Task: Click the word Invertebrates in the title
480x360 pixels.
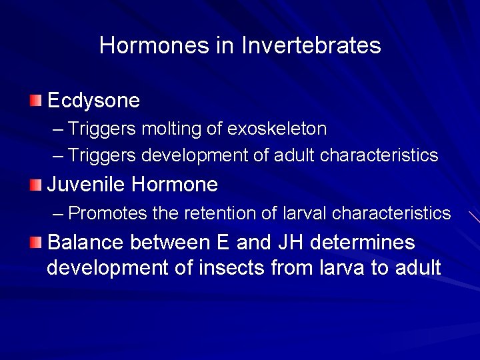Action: (311, 45)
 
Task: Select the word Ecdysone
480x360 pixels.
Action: (94, 101)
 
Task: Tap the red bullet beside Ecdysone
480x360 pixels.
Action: (35, 101)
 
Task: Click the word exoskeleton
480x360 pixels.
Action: (277, 128)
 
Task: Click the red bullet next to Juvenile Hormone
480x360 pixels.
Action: (35, 183)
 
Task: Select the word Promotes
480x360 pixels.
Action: (107, 213)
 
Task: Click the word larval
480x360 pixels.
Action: (305, 213)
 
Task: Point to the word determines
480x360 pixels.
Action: (365, 242)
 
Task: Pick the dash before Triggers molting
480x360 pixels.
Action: (58, 129)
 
